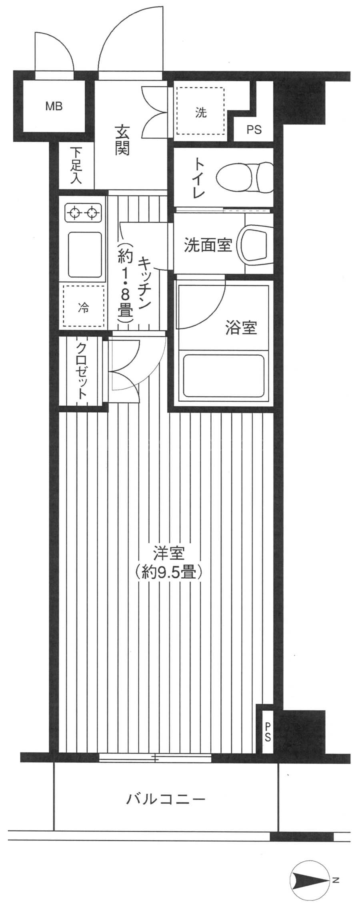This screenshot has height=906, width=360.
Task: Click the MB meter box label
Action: point(54,106)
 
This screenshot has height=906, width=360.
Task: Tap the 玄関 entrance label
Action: point(122,140)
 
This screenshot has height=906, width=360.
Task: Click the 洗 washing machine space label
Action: point(201,113)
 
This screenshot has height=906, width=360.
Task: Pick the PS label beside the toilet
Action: point(254,130)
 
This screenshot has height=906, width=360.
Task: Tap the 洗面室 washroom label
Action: point(208,245)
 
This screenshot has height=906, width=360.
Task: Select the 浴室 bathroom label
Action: point(241,328)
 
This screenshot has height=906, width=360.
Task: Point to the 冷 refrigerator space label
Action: point(84,308)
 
